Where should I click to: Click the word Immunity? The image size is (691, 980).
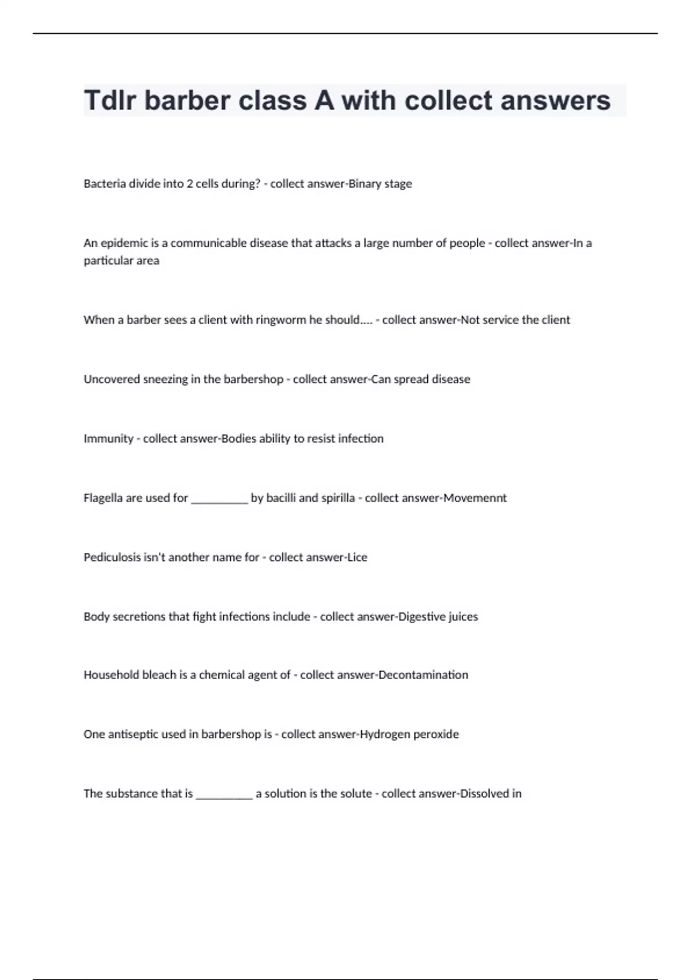tap(108, 439)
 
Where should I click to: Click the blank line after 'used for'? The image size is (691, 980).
tap(219, 500)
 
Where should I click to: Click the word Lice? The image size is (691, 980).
tap(356, 557)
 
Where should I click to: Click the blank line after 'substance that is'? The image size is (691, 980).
tap(224, 796)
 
